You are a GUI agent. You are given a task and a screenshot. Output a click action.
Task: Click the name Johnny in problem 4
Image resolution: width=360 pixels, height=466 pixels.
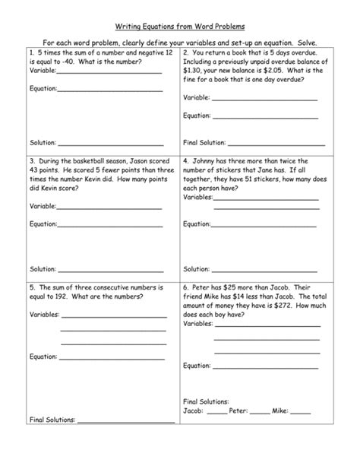[208, 161]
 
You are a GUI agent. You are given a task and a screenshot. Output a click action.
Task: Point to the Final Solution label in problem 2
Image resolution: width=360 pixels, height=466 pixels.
[205, 142]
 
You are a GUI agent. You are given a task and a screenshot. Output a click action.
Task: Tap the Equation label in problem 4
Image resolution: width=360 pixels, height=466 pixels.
[197, 224]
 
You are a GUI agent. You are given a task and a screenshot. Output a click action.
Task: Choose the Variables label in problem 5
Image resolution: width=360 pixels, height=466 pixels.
[44, 315]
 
